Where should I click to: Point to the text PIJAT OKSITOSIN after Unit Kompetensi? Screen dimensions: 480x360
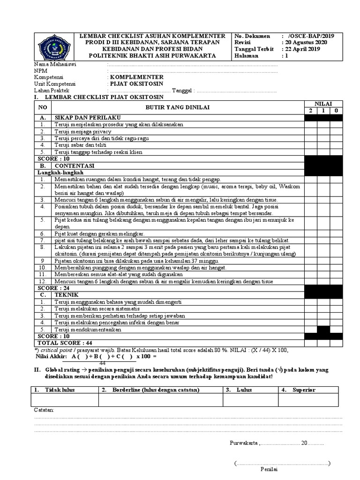[136, 83]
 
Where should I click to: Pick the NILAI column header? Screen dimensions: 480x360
[323, 103]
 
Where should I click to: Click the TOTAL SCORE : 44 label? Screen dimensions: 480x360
[62, 343]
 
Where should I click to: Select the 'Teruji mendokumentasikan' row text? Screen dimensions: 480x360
[88, 330]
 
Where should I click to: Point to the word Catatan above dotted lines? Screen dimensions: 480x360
[44, 410]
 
